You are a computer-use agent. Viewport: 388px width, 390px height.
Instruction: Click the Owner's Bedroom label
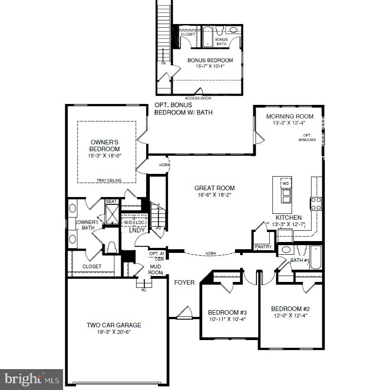(104, 145)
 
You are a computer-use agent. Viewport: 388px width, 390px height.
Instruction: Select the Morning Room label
(290, 116)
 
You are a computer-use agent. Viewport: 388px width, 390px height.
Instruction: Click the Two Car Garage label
(114, 325)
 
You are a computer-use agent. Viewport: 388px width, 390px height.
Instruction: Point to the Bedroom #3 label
(227, 312)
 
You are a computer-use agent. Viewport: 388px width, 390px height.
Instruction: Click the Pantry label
(263, 247)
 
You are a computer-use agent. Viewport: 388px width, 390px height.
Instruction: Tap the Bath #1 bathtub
(316, 258)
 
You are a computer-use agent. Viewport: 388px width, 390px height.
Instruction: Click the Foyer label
(184, 282)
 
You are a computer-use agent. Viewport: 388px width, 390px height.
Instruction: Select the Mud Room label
(156, 269)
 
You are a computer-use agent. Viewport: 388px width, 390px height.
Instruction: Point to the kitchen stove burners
(315, 203)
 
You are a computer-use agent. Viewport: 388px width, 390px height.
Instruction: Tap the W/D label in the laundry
(128, 222)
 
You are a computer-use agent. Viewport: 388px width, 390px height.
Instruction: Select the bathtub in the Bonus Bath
(208, 37)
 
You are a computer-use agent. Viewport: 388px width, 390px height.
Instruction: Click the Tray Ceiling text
(108, 180)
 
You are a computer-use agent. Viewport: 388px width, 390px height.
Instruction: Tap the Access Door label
(197, 98)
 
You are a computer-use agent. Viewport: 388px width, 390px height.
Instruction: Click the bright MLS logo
(31, 379)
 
